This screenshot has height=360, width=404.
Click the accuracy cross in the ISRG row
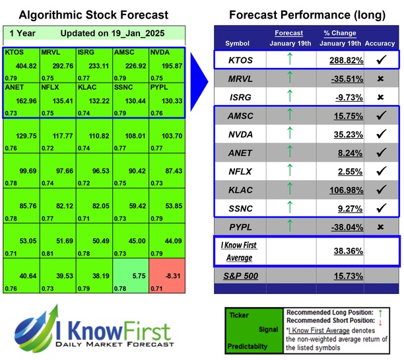click(x=380, y=96)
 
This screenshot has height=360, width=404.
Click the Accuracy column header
click(x=380, y=43)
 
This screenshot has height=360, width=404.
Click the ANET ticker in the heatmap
click(x=15, y=87)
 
